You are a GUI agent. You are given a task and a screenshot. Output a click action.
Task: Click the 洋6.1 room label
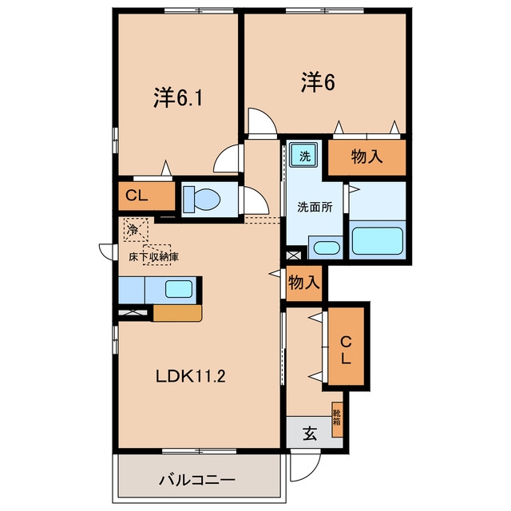coord(178,97)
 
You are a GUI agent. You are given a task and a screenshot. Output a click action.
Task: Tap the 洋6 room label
coord(318,81)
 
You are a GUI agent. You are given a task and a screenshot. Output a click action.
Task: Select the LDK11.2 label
coord(191,376)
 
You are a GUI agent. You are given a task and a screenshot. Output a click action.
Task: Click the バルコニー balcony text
coord(197,480)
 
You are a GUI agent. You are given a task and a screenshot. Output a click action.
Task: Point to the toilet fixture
coord(201,199)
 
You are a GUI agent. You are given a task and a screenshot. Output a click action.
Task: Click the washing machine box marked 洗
coord(304,154)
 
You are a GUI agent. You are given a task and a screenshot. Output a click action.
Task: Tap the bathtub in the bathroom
coord(377,240)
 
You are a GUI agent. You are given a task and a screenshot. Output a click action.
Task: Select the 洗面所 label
coord(315,208)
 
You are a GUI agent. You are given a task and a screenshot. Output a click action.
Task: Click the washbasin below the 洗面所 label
coord(327,248)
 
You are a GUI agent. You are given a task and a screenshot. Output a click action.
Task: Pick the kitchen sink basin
coord(179,289)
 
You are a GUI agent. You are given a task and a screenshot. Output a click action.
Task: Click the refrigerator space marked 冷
coord(136,230)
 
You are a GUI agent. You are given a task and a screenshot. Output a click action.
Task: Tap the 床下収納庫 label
coord(153,257)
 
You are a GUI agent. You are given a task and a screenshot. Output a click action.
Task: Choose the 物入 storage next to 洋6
coord(366,157)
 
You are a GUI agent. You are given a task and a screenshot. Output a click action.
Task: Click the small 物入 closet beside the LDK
coord(304,283)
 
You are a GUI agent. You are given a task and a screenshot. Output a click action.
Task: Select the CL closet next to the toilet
coord(147,196)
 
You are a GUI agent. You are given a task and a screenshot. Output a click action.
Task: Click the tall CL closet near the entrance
coord(346,346)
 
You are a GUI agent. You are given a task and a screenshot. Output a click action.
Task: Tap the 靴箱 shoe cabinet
coord(337,419)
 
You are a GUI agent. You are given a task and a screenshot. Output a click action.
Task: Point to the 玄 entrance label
coord(310,434)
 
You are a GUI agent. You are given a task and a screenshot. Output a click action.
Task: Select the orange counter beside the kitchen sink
coord(177,313)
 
